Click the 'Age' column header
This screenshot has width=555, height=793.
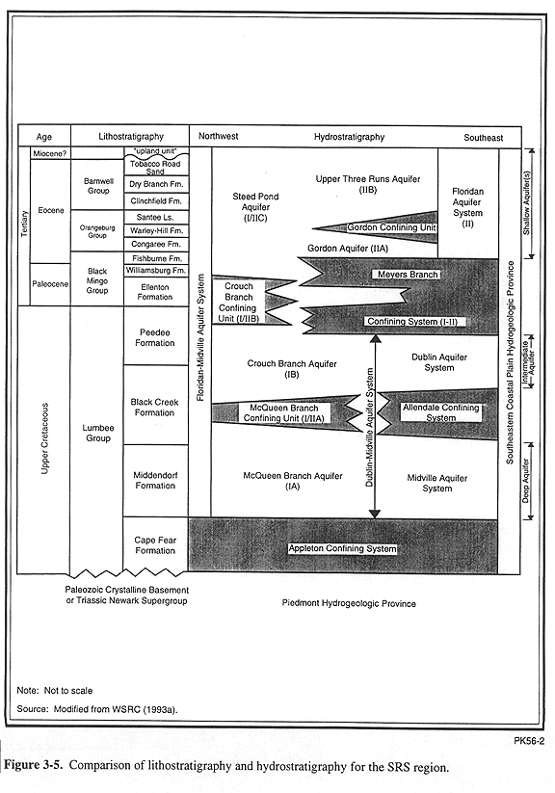point(44,137)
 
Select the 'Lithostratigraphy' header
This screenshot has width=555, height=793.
point(131,137)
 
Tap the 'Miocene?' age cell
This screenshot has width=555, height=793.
point(50,153)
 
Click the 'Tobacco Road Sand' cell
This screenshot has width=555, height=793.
point(155,168)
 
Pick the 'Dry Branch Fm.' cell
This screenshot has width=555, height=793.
point(156,184)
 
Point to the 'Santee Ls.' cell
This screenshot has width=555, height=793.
point(155,217)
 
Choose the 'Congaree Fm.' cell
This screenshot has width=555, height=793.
point(155,244)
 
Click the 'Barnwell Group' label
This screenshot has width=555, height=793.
point(98,186)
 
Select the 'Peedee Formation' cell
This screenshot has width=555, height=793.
point(155,337)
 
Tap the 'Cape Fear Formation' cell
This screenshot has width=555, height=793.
point(155,545)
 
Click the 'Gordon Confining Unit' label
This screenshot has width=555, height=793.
point(391,227)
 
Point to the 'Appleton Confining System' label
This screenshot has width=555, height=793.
point(342,548)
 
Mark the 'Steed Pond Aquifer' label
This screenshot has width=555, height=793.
point(255,207)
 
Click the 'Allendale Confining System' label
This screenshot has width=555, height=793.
point(440,412)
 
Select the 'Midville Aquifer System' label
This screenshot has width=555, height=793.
point(437,483)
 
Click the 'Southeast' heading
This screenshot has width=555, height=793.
point(484,138)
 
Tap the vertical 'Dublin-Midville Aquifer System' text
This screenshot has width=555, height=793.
point(369,428)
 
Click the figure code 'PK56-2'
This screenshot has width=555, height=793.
point(529,741)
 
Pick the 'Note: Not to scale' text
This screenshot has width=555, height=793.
point(55,690)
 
